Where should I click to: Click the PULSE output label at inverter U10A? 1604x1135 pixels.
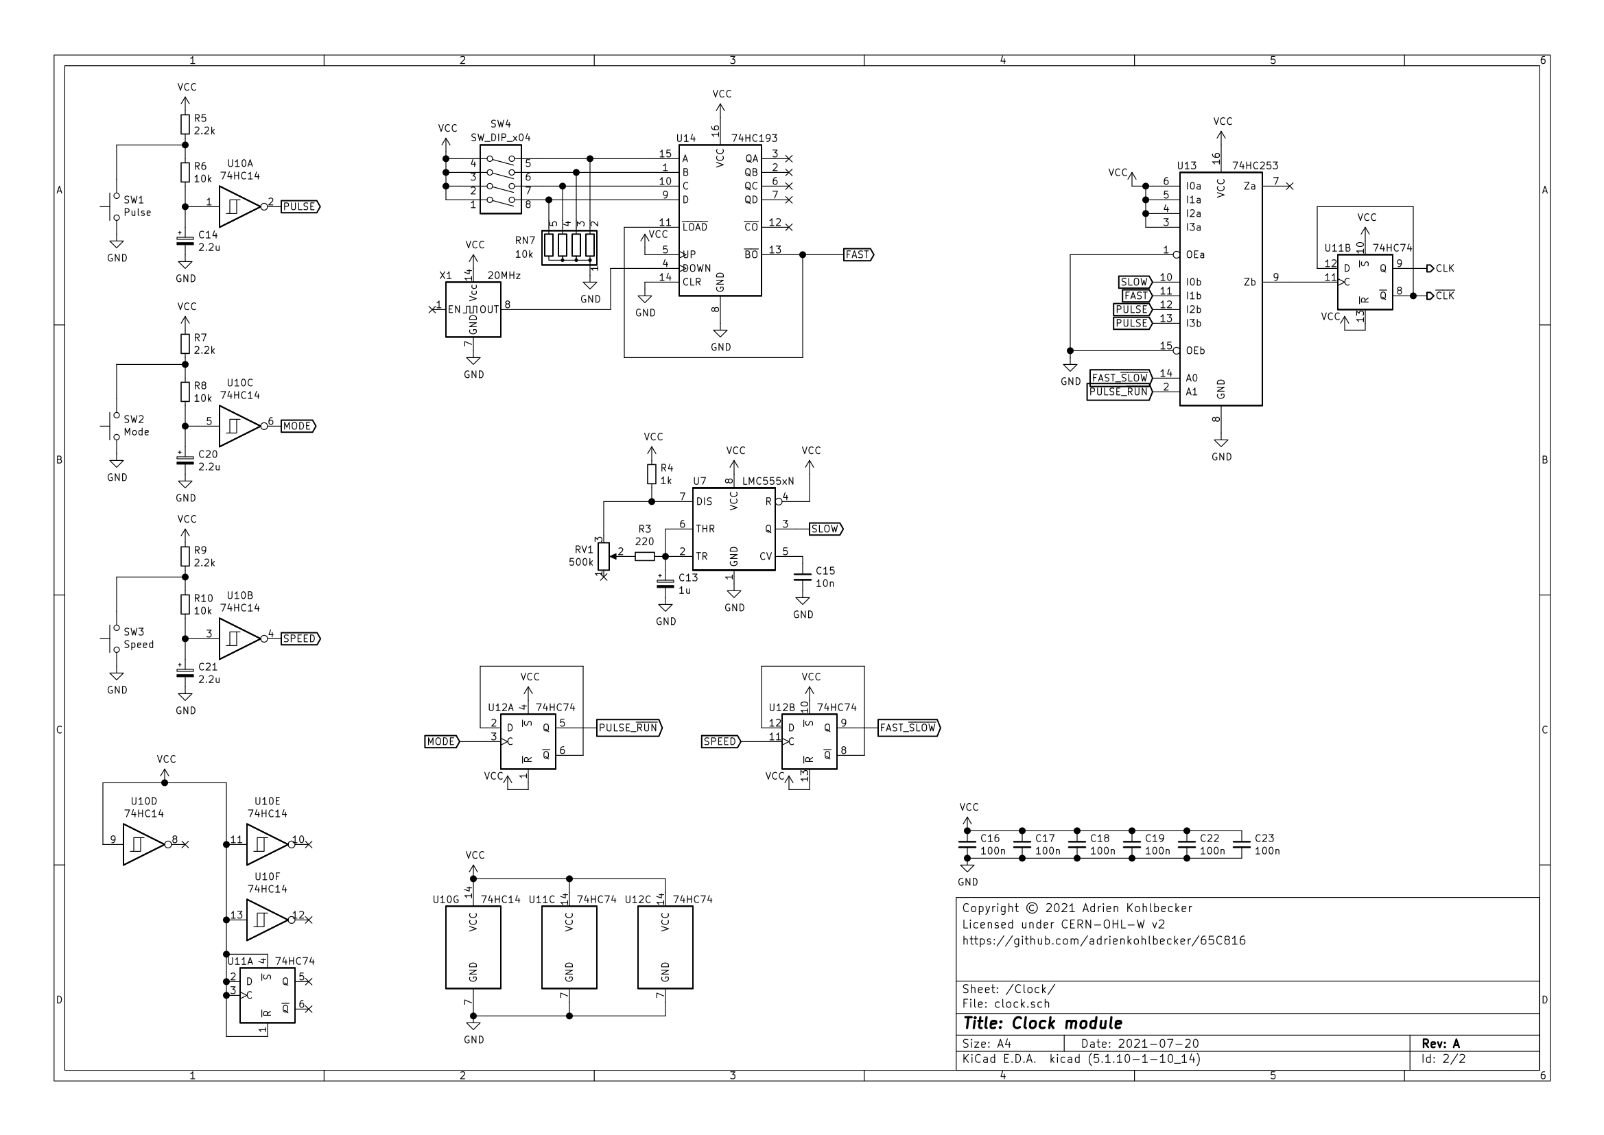point(300,207)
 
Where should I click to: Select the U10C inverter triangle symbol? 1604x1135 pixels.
point(239,426)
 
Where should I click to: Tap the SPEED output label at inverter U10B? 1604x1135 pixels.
point(300,638)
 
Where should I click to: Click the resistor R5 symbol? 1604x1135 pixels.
point(185,124)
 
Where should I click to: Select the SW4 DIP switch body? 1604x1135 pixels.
point(501,180)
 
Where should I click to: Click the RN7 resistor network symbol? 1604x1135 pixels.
point(569,246)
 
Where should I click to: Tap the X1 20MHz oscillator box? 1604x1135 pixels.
point(473,309)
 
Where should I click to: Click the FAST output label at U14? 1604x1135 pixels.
point(858,255)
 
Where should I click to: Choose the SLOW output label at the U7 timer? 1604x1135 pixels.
point(825,529)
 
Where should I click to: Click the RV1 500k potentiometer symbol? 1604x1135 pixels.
point(604,556)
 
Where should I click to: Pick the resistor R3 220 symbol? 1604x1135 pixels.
point(645,556)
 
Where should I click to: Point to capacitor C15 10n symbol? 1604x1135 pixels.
point(803,577)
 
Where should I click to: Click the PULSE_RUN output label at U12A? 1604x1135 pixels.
point(628,728)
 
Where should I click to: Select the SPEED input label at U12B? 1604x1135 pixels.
point(720,741)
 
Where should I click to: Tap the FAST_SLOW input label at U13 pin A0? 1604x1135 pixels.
point(1120,378)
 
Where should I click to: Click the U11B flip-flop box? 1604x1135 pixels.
point(1364,283)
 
